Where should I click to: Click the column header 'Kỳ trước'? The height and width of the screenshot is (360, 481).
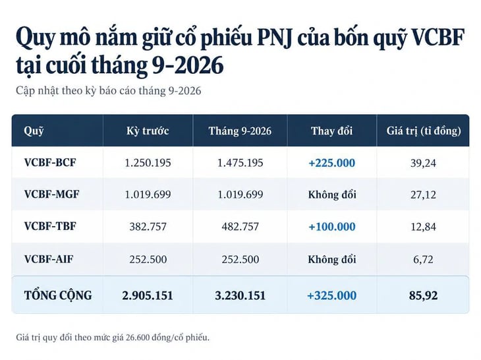[x=148, y=131]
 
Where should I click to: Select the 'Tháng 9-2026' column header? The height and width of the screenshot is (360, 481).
[x=240, y=131]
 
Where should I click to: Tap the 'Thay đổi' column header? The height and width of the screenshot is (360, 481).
[x=331, y=131]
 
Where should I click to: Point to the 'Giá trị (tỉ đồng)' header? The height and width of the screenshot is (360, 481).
[x=424, y=131]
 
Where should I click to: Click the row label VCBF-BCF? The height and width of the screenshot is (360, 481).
[x=50, y=162]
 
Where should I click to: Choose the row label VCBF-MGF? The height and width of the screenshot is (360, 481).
[x=51, y=195]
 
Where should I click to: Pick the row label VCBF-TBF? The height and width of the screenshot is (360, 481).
[x=50, y=226]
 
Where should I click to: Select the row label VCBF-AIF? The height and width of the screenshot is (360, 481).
[x=49, y=259]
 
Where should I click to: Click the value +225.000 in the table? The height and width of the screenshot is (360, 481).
[x=331, y=163]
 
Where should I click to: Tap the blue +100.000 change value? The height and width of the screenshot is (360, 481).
[x=332, y=227]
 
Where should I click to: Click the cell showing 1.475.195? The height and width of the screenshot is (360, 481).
[x=240, y=163]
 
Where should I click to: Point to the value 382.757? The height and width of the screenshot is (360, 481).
[x=148, y=227]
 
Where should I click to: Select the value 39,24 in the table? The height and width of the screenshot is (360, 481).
[x=423, y=163]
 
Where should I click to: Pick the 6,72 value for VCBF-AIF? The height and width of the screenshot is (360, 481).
[x=423, y=260]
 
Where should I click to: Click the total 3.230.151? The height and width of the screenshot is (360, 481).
[x=240, y=295]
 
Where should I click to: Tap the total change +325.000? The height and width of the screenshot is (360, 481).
[x=331, y=295]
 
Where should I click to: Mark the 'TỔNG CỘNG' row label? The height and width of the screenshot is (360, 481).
[x=58, y=295]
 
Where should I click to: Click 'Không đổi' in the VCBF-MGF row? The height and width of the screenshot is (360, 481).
[x=332, y=195]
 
